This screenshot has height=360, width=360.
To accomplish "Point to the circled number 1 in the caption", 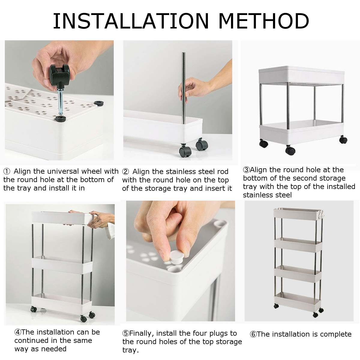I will point(7,172).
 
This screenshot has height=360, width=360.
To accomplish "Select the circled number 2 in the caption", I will point(126,172).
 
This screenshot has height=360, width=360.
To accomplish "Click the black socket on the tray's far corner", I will point(98,103).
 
